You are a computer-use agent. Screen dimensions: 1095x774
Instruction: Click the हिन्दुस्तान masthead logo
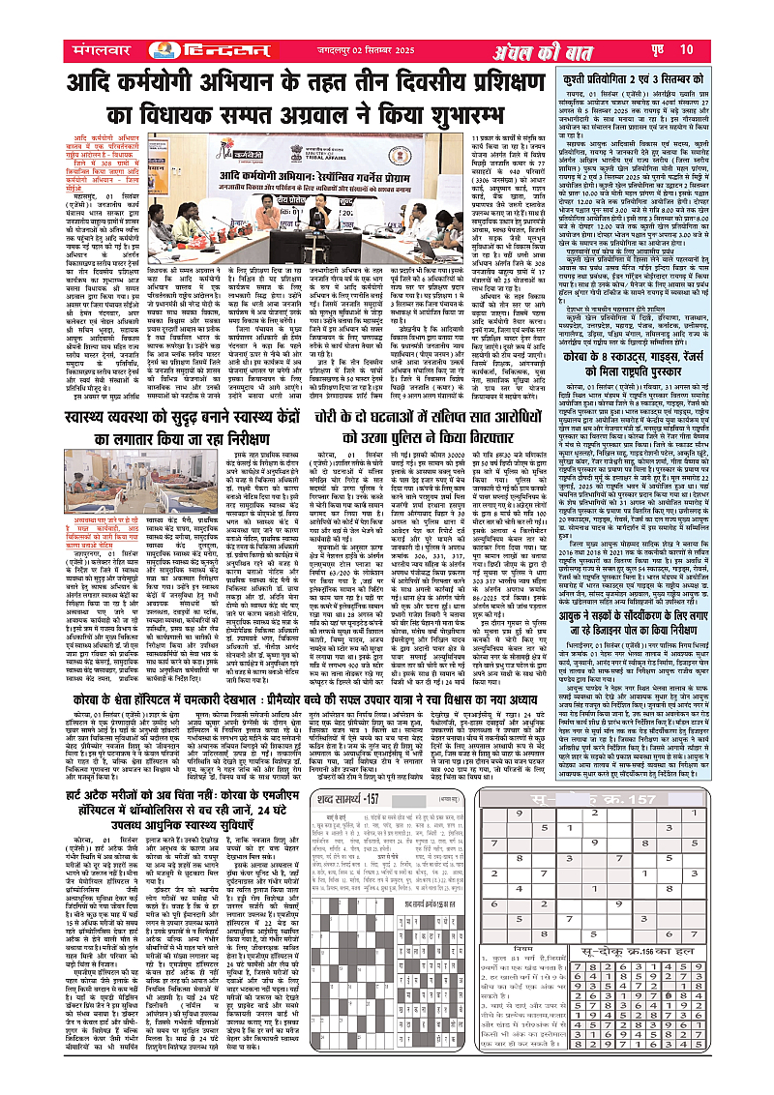(x=183, y=47)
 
